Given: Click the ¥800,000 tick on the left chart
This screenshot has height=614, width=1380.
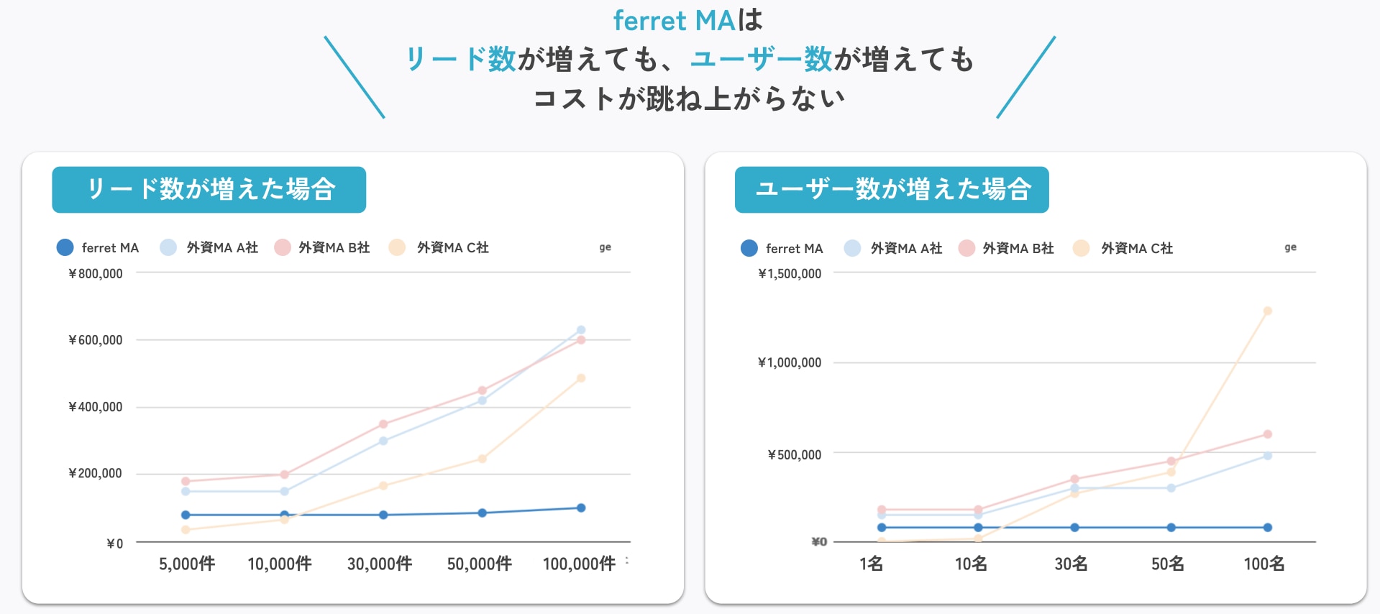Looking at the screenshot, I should coord(96,274).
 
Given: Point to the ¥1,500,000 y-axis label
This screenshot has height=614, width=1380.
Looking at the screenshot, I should coord(790,274).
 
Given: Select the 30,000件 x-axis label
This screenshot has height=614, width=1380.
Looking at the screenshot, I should coord(380,564).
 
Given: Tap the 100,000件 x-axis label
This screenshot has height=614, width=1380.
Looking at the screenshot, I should coord(579,564).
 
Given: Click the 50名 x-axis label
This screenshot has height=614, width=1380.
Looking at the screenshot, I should coord(1167,564).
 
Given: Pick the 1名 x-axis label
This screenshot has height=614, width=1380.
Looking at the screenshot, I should coord(871,564).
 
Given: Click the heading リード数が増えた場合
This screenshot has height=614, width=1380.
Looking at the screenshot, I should coord(209,190).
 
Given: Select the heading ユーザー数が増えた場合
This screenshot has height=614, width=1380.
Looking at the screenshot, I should coord(892,190).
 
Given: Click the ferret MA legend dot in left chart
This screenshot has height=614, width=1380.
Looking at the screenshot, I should coord(65,247).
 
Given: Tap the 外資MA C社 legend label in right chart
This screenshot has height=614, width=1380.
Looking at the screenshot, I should coord(1137,248).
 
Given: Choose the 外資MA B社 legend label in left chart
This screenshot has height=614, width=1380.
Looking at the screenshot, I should coord(334,247).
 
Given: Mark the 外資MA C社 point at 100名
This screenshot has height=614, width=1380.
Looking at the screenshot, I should coord(1267,311).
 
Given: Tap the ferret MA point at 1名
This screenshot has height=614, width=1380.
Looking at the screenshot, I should coord(882,528).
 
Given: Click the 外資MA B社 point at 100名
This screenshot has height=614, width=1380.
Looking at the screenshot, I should coord(1267,434).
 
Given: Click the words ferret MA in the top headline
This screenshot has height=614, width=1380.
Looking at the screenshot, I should coord(674,20).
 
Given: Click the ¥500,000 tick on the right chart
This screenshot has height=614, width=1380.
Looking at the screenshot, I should coord(794,454).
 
